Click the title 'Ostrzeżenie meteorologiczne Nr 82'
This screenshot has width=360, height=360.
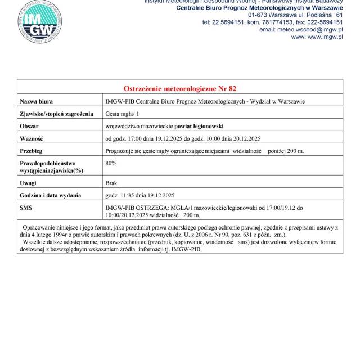click(x=179, y=89)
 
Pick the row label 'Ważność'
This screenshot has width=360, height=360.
click(x=31, y=138)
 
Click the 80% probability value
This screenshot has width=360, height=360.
click(x=111, y=163)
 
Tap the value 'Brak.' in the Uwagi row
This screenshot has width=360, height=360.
click(x=112, y=183)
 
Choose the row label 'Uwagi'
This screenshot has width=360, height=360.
click(x=28, y=183)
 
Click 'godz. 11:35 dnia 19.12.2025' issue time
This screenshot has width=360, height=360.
click(x=140, y=195)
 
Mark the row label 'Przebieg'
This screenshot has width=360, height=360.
click(x=31, y=151)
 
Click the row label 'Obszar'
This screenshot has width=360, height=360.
click(x=29, y=126)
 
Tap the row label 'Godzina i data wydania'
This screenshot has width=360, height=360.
click(x=51, y=195)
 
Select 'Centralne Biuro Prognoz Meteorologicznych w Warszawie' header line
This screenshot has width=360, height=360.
click(x=259, y=8)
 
